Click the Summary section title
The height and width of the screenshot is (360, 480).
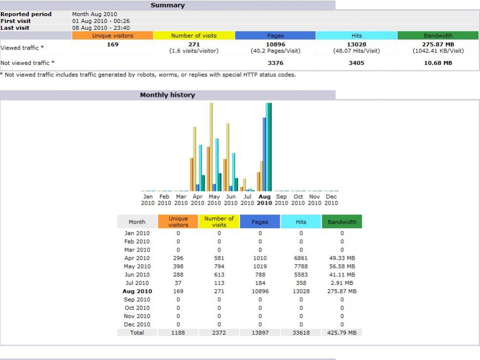[x=167, y=5]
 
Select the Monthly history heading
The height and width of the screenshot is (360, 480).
[x=167, y=95]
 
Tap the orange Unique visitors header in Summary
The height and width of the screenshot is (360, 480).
[x=112, y=36]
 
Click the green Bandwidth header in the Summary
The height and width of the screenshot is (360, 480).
[x=438, y=36]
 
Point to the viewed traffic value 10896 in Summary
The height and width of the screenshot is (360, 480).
[x=275, y=44]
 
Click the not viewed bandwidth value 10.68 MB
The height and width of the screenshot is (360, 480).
[x=438, y=63]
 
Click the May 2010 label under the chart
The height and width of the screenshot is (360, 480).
[x=214, y=200]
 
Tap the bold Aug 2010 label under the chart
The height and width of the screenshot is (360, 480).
[x=264, y=200]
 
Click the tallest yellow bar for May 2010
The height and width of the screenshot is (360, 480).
[x=211, y=147]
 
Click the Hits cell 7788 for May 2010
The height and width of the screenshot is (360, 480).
[x=301, y=266]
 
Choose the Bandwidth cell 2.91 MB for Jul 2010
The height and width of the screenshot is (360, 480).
[x=342, y=283]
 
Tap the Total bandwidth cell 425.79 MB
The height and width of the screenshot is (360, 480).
[x=342, y=333]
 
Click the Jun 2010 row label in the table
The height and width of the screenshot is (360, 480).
[x=137, y=275]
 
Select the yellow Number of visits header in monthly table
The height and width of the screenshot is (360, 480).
[x=219, y=222]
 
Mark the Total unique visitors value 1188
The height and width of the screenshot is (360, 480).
[x=178, y=333]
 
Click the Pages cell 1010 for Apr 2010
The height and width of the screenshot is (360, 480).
[x=260, y=258]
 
